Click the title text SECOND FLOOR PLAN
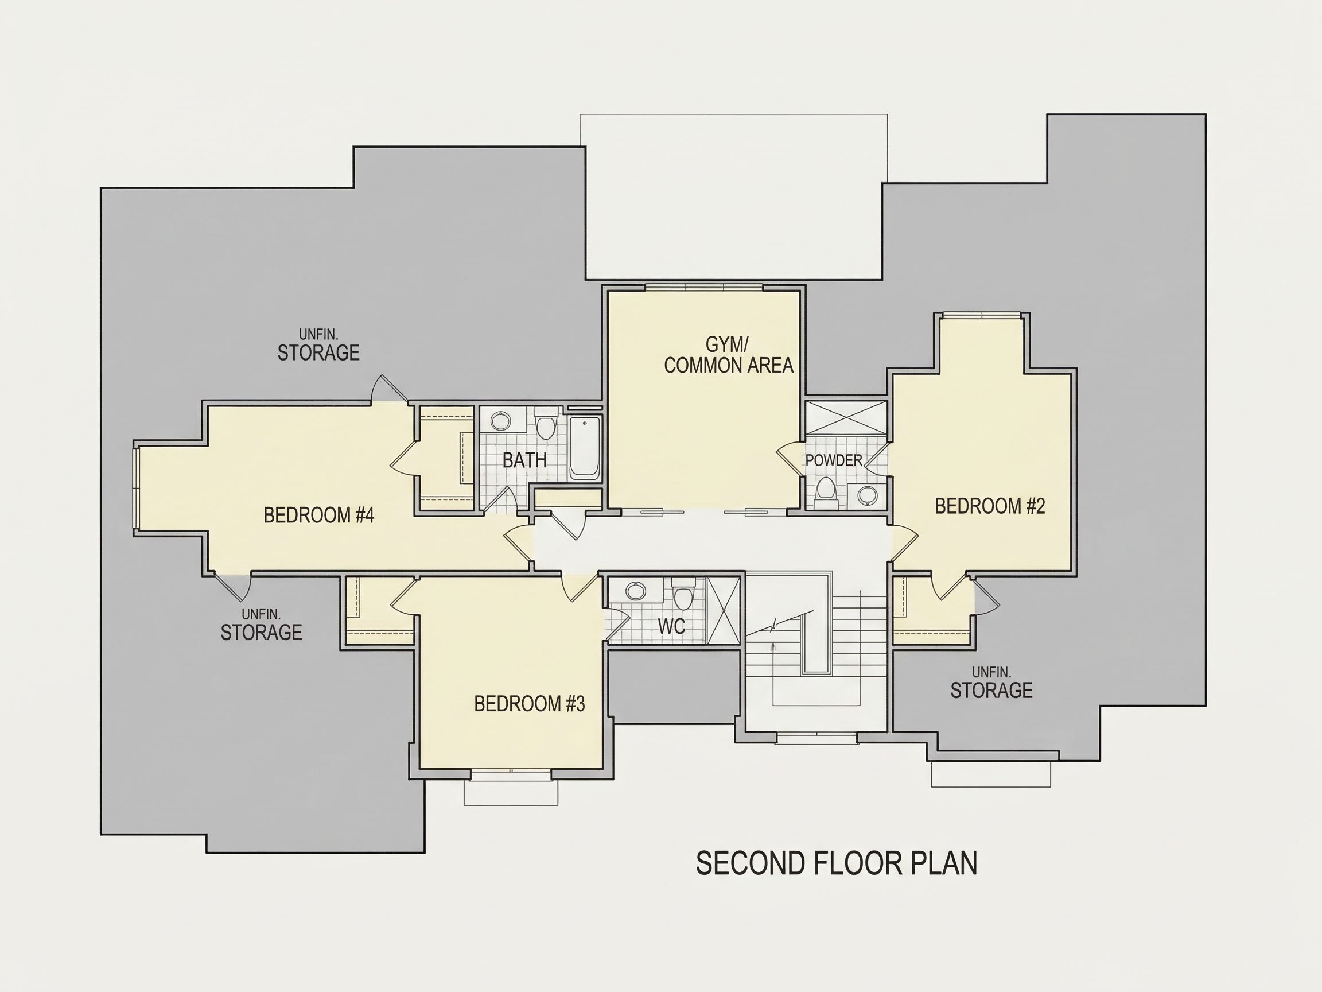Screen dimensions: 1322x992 click(x=837, y=863)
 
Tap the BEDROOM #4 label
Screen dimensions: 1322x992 click(x=318, y=515)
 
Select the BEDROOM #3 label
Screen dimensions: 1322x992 click(x=530, y=704)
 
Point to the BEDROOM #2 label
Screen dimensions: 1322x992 click(x=990, y=506)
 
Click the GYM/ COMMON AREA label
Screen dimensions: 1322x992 click(x=729, y=355)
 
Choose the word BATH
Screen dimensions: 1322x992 click(x=524, y=460)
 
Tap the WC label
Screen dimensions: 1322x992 click(x=671, y=626)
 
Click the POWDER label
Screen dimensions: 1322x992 click(x=834, y=460)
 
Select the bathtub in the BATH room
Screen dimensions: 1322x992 click(x=585, y=448)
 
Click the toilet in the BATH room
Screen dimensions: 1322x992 click(x=545, y=424)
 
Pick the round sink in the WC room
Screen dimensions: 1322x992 click(x=635, y=591)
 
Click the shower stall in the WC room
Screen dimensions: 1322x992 click(x=723, y=609)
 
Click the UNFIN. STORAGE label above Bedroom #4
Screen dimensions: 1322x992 click(x=318, y=345)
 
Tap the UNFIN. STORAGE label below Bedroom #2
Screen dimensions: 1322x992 click(x=991, y=683)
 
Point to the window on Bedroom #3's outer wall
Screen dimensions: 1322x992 click(x=511, y=775)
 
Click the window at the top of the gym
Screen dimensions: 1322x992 click(x=704, y=288)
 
